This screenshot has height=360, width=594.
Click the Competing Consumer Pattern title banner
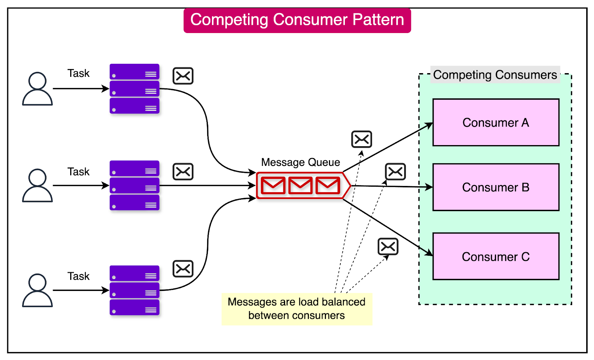pyautogui.click(x=297, y=20)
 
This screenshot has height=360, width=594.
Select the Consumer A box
pyautogui.click(x=496, y=122)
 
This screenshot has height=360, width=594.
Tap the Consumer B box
pyautogui.click(x=496, y=187)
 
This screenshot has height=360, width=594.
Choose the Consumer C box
pyautogui.click(x=496, y=256)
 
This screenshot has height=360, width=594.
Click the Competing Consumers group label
pyautogui.click(x=495, y=75)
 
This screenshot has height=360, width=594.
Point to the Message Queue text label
pyautogui.click(x=300, y=162)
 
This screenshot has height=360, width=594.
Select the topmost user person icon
pyautogui.click(x=37, y=89)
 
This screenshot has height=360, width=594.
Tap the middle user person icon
pyautogui.click(x=37, y=185)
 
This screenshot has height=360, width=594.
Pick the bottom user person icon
pyautogui.click(x=37, y=290)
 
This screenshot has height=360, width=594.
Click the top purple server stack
pyautogui.click(x=134, y=89)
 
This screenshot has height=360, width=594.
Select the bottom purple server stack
pyautogui.click(x=134, y=290)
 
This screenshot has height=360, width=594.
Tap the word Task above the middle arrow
pyautogui.click(x=78, y=171)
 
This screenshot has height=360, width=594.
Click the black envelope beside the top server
pyautogui.click(x=183, y=76)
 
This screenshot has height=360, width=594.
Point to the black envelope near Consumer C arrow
pyautogui.click(x=388, y=247)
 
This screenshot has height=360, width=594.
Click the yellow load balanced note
pyautogui.click(x=297, y=309)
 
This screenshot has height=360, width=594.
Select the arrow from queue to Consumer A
pyautogui.click(x=388, y=147)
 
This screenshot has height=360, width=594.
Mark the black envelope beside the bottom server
pyautogui.click(x=183, y=269)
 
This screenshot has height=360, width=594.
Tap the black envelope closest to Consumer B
pyautogui.click(x=395, y=172)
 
